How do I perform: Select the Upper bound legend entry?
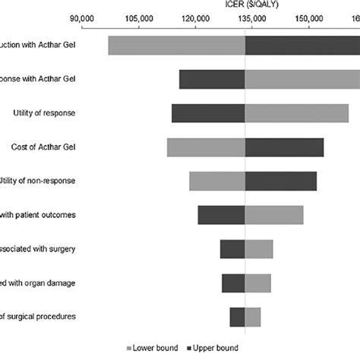(x=214, y=347)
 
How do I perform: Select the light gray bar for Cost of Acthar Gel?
(x=206, y=147)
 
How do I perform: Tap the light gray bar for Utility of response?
(x=297, y=113)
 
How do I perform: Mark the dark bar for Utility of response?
(x=208, y=113)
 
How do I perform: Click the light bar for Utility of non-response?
(x=217, y=182)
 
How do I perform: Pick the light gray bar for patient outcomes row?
(x=274, y=216)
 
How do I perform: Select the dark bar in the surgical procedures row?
(x=237, y=317)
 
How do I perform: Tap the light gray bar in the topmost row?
(x=176, y=46)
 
